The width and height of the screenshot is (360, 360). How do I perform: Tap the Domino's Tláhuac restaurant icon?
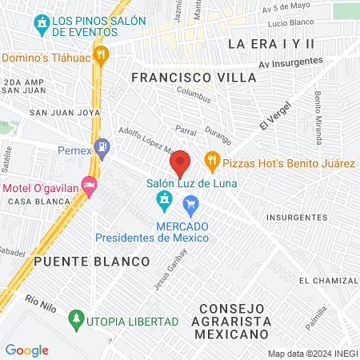tap(101, 55)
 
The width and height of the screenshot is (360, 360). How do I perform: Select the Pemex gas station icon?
tap(101, 147)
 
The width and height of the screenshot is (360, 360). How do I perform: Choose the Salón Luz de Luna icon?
tap(165, 198)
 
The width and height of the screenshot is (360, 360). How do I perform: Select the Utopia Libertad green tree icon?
tap(77, 320)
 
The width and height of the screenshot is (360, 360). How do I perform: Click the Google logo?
tap(26, 350)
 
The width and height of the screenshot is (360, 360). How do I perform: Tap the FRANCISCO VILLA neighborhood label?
tap(194, 78)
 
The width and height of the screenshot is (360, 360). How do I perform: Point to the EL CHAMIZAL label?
tap(328, 281)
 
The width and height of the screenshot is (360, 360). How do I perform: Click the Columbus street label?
tap(196, 97)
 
